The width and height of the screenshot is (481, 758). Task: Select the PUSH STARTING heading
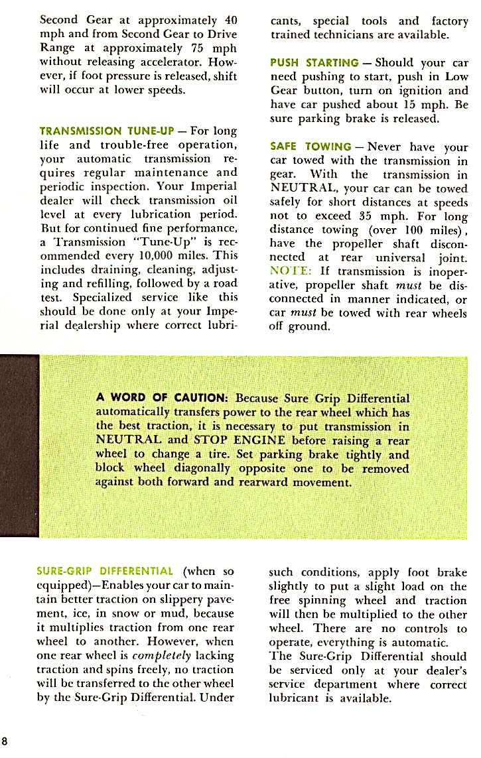click(x=314, y=63)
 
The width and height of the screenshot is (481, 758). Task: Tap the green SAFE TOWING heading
click(x=311, y=147)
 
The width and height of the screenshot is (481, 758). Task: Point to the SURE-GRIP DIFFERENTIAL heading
click(x=105, y=571)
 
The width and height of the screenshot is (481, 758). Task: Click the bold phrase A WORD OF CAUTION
click(x=163, y=398)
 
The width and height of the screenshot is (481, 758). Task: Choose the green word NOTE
click(x=289, y=271)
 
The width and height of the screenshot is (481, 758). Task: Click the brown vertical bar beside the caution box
click(x=20, y=445)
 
